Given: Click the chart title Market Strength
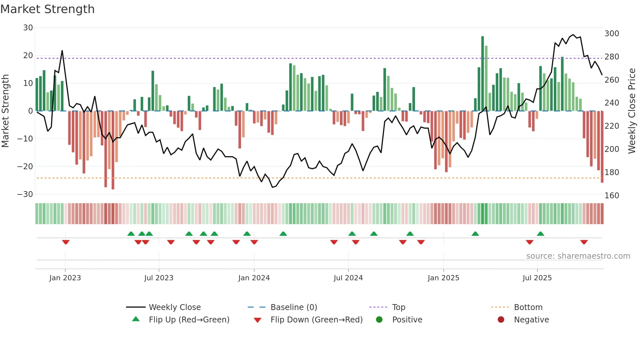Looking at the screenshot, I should (47, 9).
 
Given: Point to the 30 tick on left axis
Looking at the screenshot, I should (28, 28).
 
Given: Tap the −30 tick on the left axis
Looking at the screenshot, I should (25, 194).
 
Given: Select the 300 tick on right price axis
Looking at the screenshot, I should (612, 34).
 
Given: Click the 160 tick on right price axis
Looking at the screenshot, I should (612, 196).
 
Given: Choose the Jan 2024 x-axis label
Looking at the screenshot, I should (254, 278).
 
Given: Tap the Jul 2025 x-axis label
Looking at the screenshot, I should (537, 278).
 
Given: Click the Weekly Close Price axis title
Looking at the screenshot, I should (632, 111).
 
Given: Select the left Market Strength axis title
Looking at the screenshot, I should (6, 111).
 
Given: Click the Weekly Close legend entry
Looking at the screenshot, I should (175, 307).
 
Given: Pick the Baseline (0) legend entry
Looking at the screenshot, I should (294, 307).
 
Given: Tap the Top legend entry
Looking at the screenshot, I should (398, 307).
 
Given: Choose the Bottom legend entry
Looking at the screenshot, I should (528, 307).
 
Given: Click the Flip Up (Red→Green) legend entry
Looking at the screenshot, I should (189, 320).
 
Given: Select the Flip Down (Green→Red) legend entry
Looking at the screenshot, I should (316, 320).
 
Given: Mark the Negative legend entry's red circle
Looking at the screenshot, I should (501, 320).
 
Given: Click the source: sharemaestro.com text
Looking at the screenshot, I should (578, 256).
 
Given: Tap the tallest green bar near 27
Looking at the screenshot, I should (482, 74).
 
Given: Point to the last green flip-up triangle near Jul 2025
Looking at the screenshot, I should (540, 234).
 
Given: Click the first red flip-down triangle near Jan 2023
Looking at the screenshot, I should (66, 242).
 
